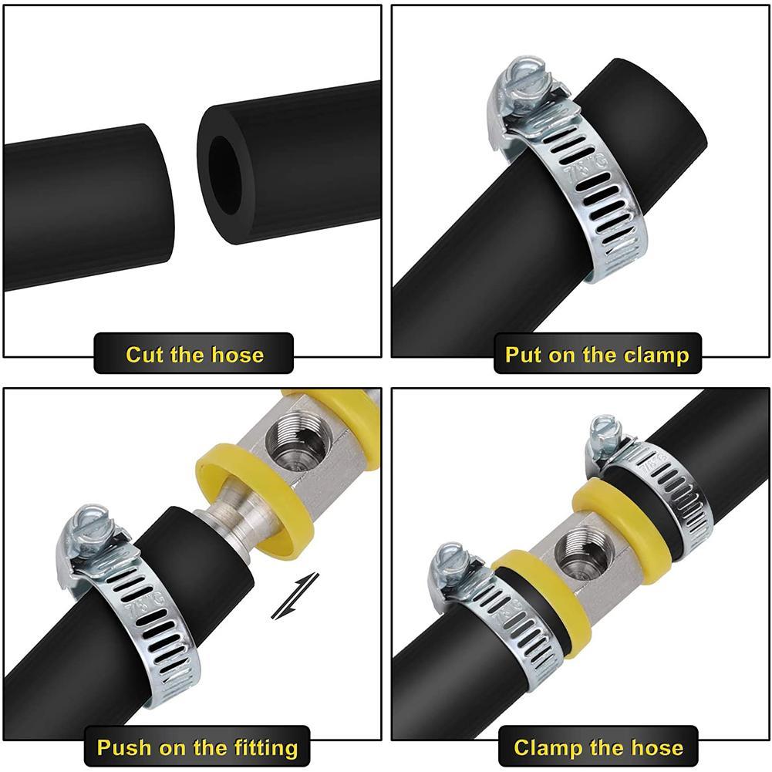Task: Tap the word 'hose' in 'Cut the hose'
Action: (x=238, y=355)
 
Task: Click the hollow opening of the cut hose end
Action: (x=224, y=175)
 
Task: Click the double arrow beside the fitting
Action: (x=295, y=595)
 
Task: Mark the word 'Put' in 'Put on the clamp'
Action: (x=524, y=355)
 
